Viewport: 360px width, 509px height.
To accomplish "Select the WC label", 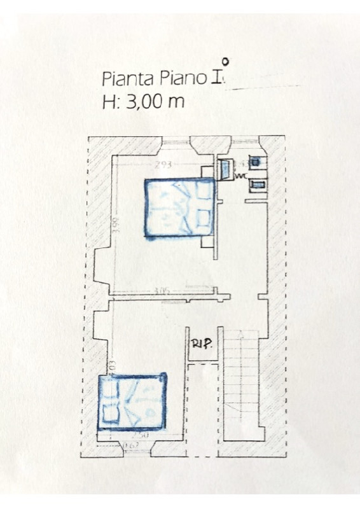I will tap(240, 176).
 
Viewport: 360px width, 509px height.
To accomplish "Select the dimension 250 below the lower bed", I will tap(141, 435).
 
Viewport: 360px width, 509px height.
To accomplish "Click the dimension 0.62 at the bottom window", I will tap(131, 445).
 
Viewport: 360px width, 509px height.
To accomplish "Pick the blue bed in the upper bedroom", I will tap(179, 208).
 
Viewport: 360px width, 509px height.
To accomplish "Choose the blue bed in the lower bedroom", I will tap(132, 401).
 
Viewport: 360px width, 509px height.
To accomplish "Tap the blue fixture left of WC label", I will tap(225, 170).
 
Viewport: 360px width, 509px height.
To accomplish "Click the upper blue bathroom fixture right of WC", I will tap(254, 162).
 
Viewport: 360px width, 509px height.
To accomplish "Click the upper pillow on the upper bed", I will tap(204, 190).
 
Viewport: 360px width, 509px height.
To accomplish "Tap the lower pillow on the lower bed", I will tap(112, 414).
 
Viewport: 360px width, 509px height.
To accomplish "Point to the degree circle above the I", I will tap(225, 62).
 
